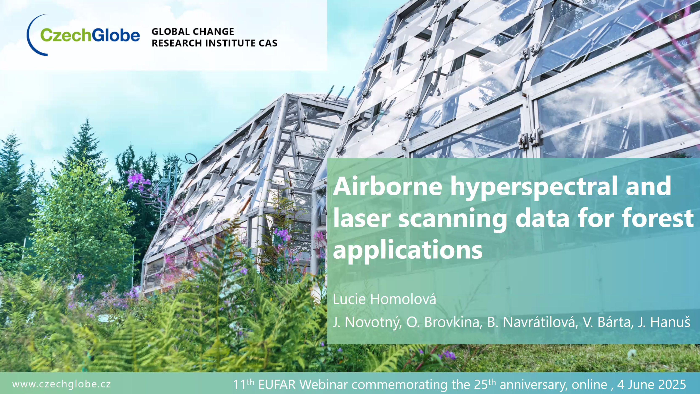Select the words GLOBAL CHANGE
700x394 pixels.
193,32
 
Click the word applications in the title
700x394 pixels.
408,250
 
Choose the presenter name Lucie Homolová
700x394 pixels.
385,299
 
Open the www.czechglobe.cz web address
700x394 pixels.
61,384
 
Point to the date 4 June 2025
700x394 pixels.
652,385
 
